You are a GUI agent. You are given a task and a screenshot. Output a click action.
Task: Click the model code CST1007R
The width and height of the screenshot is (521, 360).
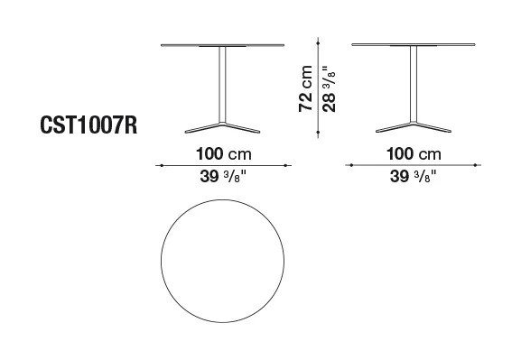88,125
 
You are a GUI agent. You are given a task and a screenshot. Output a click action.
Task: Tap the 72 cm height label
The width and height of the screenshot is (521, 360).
306,88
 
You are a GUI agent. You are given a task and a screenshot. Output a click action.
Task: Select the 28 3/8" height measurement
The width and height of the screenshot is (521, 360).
329,88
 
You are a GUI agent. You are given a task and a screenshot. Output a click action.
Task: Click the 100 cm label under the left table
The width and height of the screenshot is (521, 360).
224,154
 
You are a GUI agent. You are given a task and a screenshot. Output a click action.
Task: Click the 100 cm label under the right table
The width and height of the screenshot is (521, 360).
414,154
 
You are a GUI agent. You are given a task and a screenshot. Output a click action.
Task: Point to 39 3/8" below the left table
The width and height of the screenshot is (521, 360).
224,176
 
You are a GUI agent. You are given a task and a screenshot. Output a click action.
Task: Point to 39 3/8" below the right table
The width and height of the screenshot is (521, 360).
414,176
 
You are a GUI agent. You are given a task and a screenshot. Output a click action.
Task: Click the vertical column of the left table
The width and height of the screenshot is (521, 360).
223,85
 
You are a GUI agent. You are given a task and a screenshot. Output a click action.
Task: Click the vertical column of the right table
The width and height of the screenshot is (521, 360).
414,84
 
